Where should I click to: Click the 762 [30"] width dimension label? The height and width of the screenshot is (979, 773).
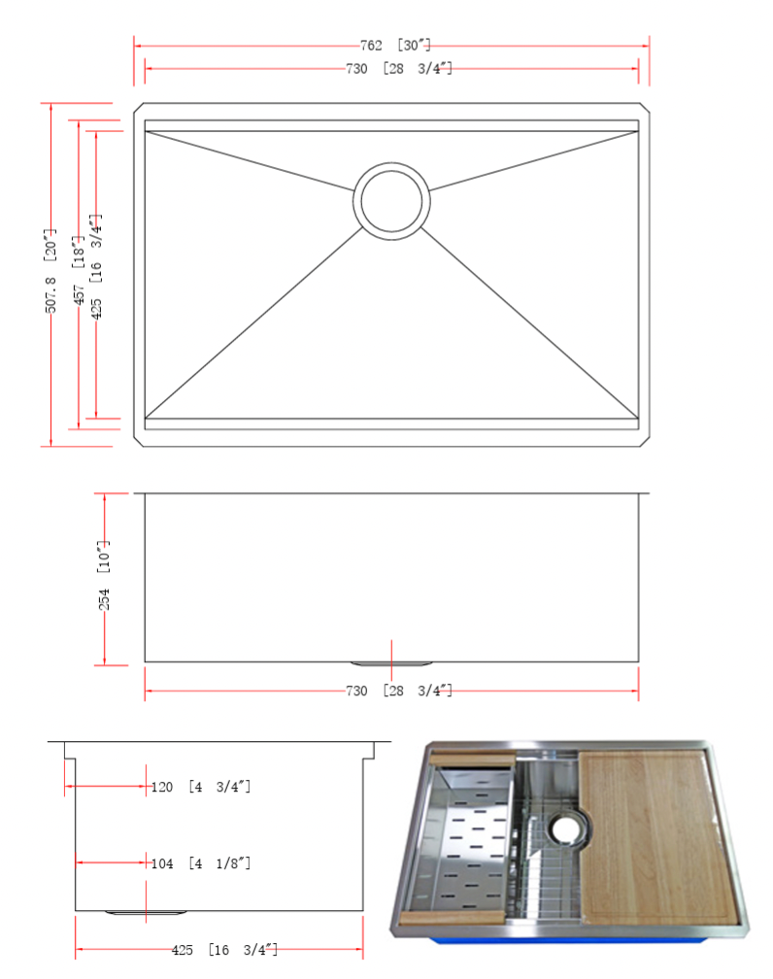click(x=395, y=45)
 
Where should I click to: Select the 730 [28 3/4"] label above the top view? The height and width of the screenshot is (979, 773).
click(x=398, y=68)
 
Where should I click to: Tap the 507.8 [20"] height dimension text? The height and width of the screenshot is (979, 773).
click(x=50, y=270)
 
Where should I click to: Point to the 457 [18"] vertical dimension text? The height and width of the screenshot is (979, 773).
click(x=78, y=270)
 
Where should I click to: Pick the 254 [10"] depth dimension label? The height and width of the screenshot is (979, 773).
click(x=104, y=575)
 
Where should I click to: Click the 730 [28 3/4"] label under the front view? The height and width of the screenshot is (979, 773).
click(x=398, y=691)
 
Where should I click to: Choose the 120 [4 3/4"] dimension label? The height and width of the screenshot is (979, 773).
click(x=200, y=787)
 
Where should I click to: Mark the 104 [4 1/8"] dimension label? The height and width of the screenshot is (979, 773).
click(x=200, y=863)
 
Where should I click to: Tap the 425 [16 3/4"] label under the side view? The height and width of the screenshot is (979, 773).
click(x=224, y=950)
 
